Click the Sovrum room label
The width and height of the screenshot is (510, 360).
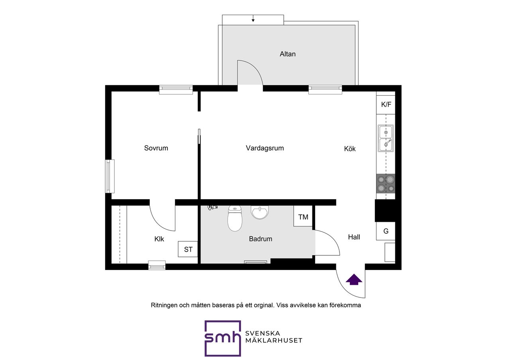tap(156, 148)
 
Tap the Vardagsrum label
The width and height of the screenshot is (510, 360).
tap(265, 149)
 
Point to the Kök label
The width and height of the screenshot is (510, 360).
tap(350, 149)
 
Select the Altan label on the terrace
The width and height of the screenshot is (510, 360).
tap(288, 54)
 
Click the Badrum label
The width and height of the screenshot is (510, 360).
tap(261, 239)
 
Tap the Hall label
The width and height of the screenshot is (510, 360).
tap(354, 237)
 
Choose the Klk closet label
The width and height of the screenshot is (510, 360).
tap(159, 239)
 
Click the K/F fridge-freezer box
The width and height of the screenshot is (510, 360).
tap(386, 105)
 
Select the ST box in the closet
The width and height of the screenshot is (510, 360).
tap(188, 249)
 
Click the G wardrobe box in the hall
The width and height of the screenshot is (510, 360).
tap(386, 231)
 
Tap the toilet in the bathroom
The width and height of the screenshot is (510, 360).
tap(235, 218)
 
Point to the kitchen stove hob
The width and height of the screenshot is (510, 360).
tap(386, 184)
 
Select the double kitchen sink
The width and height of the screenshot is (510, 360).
tap(386, 138)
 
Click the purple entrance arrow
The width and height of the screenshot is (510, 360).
tap(354, 280)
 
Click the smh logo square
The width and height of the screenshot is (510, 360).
tap(223, 338)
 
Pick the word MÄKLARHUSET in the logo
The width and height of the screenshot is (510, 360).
tap(274, 340)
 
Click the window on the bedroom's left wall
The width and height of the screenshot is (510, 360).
tap(110, 176)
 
